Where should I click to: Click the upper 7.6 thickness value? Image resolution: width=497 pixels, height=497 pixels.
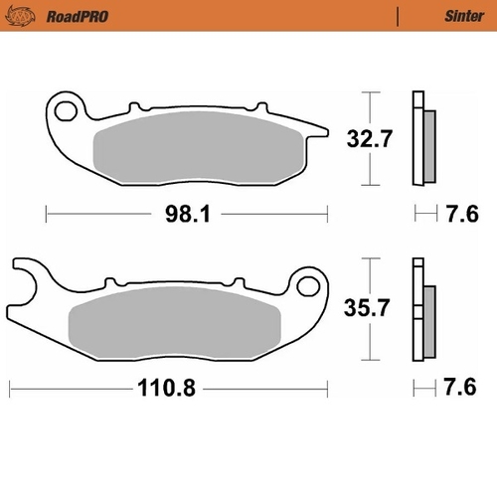[462, 213]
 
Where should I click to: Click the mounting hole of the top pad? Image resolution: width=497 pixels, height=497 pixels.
[67, 107]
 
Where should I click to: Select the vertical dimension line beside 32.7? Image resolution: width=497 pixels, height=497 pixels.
[369, 138]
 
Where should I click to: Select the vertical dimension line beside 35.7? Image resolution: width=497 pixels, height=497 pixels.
[369, 308]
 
